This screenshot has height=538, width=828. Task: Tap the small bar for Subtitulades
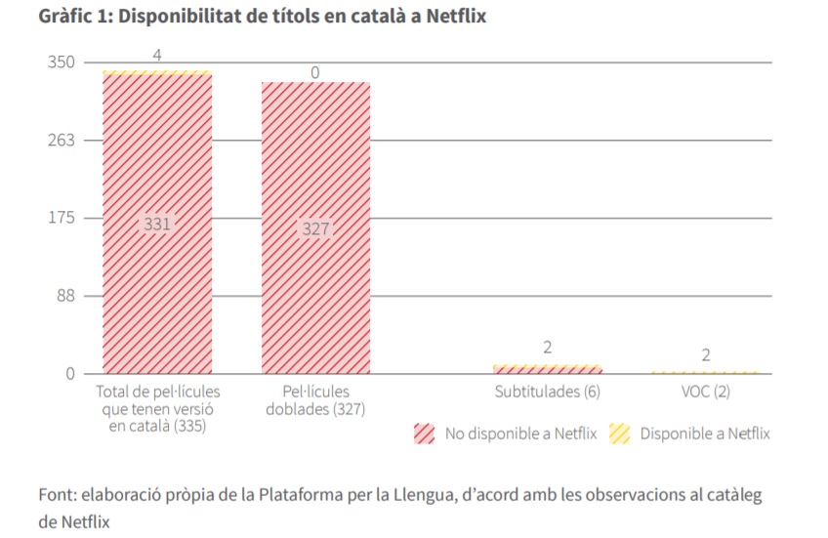(x=547, y=369)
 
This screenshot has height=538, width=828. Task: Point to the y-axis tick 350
(x=62, y=62)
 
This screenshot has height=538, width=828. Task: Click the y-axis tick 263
(x=62, y=140)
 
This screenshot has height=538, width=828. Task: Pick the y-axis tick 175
(x=62, y=218)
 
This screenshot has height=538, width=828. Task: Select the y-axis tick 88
(x=65, y=296)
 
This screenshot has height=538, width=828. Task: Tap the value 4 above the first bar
(x=157, y=56)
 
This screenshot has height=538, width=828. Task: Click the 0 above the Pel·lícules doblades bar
(x=315, y=72)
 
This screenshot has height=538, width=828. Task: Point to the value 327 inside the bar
(x=315, y=229)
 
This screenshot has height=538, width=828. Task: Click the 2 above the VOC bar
(x=705, y=355)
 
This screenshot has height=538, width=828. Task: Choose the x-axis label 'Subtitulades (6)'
(x=547, y=392)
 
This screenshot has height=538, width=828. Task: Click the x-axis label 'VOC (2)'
(x=705, y=392)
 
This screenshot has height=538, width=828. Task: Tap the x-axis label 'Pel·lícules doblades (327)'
(x=315, y=400)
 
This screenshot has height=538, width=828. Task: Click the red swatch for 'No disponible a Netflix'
(x=424, y=434)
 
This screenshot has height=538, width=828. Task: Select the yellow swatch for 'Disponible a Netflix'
(x=618, y=434)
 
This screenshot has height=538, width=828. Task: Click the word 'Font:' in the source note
(x=58, y=494)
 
